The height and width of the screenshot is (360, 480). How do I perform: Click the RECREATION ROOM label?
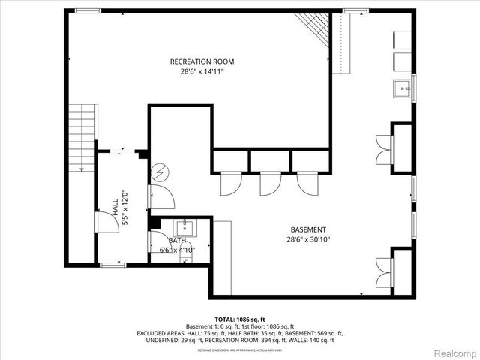pyautogui.click(x=202, y=61)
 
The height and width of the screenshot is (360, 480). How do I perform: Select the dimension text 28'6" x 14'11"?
pyautogui.click(x=202, y=72)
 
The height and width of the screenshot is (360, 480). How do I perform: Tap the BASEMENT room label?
pyautogui.click(x=308, y=229)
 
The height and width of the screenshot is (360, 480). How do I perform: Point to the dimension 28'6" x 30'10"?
pyautogui.click(x=308, y=239)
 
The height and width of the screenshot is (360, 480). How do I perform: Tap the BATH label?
pyautogui.click(x=177, y=241)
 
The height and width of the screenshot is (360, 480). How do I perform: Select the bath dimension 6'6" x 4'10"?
pyautogui.click(x=177, y=250)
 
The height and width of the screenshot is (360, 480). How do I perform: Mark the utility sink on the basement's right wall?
pyautogui.click(x=402, y=88)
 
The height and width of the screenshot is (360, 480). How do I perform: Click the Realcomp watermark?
pyautogui.click(x=453, y=352)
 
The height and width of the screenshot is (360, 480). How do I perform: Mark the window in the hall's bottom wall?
pyautogui.click(x=112, y=264)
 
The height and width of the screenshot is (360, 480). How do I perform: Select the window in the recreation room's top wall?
pyautogui.click(x=88, y=10)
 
